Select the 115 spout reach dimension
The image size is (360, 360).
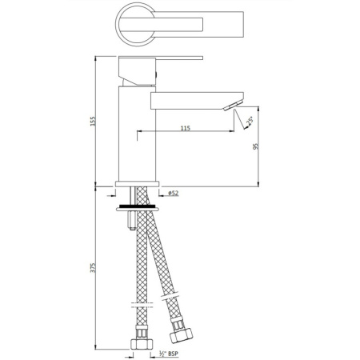[185, 128]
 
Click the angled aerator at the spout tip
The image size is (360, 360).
[232, 106]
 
